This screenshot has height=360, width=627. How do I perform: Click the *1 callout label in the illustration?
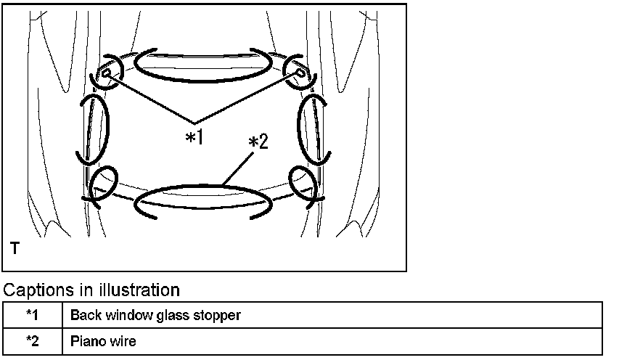194,137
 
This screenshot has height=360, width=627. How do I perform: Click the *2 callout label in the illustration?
258,142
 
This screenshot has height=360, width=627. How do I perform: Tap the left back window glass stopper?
106,73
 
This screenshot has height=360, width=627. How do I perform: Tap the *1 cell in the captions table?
33,316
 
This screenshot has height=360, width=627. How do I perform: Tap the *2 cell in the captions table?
33,340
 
